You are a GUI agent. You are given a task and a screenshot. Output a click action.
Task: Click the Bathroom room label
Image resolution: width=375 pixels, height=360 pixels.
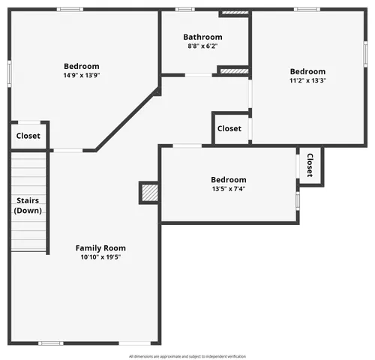pos(202,37)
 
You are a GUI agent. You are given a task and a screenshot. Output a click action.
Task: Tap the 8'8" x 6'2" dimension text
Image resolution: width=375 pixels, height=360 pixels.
pos(202,46)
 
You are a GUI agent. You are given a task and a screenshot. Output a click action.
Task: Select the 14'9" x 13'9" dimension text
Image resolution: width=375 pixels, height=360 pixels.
pos(81,76)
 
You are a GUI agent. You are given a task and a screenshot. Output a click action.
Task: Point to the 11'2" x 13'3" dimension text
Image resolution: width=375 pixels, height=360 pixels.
pos(307,81)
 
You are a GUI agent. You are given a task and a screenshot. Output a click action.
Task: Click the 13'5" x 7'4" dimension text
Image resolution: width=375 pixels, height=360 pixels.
pos(228,189)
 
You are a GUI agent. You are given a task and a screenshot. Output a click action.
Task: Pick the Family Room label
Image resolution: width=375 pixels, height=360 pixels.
pos(100,248)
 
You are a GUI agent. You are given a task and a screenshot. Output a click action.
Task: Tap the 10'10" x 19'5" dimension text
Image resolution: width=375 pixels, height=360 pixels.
pos(100,257)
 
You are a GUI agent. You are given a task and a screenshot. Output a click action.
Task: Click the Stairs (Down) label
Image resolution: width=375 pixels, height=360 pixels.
pos(28,205)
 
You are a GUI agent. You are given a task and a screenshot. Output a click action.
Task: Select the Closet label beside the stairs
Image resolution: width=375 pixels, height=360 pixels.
pos(28,136)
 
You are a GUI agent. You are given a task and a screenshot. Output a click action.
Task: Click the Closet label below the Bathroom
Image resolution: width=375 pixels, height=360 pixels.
pos(229,128)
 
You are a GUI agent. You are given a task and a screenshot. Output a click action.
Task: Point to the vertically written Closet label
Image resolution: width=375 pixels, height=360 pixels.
pos(309,166)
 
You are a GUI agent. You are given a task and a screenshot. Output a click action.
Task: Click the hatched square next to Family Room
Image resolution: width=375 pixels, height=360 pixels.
pos(149,193)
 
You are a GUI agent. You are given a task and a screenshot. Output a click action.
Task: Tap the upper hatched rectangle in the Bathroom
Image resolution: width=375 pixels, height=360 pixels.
pos(235,13)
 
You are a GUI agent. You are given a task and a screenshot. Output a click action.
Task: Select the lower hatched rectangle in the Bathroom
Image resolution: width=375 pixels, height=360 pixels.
pos(234,70)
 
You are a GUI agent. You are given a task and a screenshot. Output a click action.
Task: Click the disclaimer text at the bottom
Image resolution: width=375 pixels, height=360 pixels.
pos(187,356)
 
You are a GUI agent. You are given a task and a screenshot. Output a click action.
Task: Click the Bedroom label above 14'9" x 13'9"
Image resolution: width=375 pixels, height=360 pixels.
pos(81,67)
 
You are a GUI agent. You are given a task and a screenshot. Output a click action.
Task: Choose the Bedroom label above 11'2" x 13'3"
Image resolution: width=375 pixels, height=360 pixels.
pos(307,72)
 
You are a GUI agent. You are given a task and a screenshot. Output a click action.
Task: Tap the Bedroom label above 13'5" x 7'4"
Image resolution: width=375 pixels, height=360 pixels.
pos(228,180)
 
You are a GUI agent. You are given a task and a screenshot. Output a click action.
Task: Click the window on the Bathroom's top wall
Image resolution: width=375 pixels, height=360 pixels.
pos(185,9)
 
